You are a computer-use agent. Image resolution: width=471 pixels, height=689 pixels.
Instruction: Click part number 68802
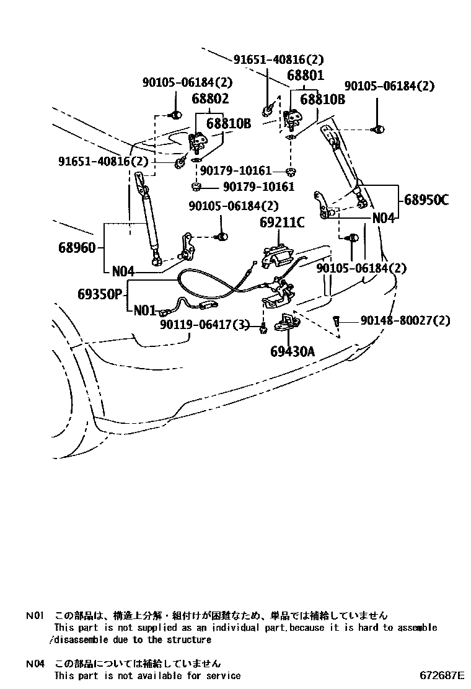coord(210,99)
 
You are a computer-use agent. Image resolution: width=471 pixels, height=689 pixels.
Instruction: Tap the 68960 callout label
coord(77,248)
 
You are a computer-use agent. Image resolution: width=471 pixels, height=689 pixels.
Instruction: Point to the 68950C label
coord(426,200)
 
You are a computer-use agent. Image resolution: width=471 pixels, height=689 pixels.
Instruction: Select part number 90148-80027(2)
coord(405,321)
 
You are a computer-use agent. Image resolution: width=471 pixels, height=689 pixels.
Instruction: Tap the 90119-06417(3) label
coord(205,324)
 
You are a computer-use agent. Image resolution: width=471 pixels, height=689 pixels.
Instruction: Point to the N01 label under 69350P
coord(144,310)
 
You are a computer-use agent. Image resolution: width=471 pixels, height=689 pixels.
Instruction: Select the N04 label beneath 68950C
coord(383,218)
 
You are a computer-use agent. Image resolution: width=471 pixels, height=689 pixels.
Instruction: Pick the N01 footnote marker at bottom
coord(35,616)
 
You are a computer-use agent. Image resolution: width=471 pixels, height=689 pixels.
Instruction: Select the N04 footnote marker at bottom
coord(35,664)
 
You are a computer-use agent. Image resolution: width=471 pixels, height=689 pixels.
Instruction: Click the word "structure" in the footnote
coord(189,639)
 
